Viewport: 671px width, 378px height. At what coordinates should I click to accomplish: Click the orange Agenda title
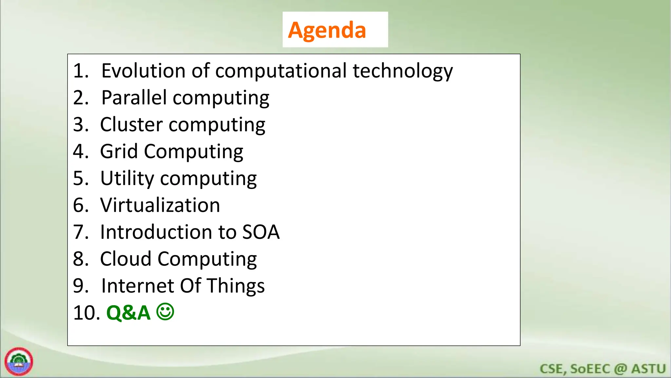pyautogui.click(x=327, y=30)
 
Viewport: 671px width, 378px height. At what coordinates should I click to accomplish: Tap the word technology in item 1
pyautogui.click(x=402, y=71)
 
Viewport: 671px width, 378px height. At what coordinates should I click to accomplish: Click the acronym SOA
pyautogui.click(x=261, y=232)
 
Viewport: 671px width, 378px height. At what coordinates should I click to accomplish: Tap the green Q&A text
pyautogui.click(x=128, y=313)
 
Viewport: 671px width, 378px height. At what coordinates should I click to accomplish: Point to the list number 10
pyautogui.click(x=86, y=313)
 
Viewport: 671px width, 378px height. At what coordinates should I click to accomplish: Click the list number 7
pyautogui.click(x=81, y=232)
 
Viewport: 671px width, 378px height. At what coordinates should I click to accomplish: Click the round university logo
pyautogui.click(x=19, y=362)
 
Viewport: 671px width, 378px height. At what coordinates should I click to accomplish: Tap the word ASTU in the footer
pyautogui.click(x=648, y=369)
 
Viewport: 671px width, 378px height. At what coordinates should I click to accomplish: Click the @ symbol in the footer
pyautogui.click(x=620, y=369)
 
